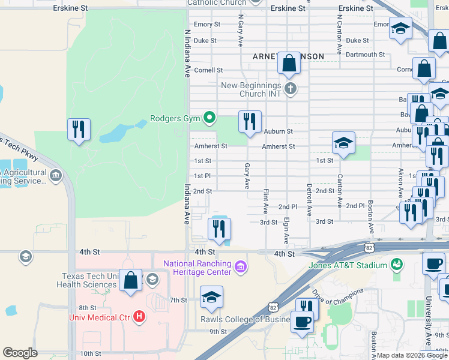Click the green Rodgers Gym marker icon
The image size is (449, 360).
point(209,118)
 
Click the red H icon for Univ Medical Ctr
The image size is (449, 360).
point(139,316)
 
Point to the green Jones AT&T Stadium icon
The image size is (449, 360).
point(396,264)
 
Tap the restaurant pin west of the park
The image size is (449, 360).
point(79,130)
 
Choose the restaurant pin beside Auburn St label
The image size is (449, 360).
point(249,121)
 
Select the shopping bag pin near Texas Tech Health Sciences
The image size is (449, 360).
point(130,280)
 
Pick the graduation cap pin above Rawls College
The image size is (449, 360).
point(211,297)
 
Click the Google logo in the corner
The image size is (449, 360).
point(20,353)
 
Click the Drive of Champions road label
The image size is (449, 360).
point(338,299)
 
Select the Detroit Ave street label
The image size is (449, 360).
point(310,200)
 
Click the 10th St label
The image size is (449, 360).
point(90,353)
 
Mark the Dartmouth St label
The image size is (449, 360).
point(365,55)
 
